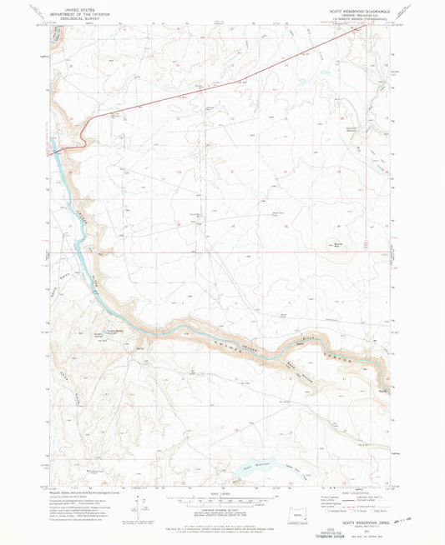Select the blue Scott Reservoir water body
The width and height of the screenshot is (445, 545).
click(255, 469)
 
